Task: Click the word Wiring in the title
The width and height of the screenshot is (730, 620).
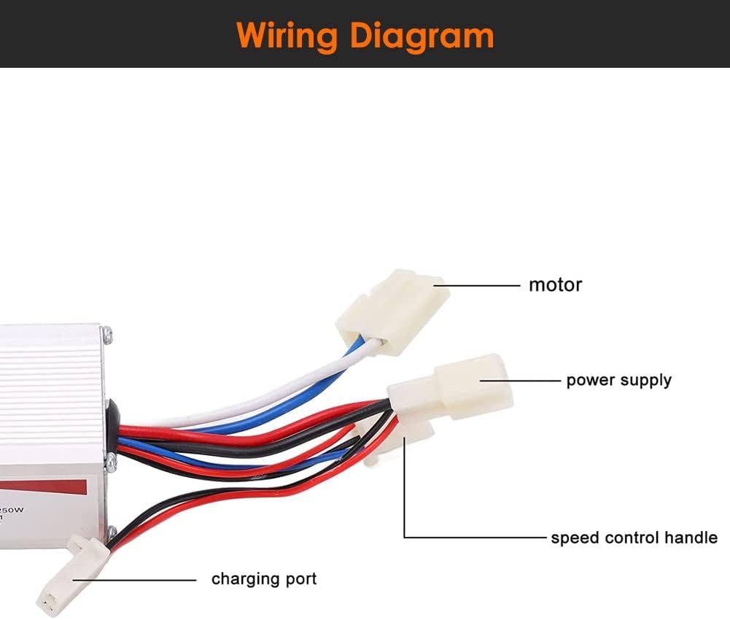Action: [x=287, y=34]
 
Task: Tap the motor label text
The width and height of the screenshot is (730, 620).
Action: [x=555, y=284]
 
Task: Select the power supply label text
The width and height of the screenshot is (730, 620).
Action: [x=618, y=380]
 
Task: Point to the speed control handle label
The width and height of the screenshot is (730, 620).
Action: [x=633, y=538]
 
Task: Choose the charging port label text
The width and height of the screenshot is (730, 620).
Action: [x=264, y=579]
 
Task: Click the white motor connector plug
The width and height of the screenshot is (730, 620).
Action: [x=392, y=309]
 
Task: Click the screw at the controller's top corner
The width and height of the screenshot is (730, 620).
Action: [x=108, y=336]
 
